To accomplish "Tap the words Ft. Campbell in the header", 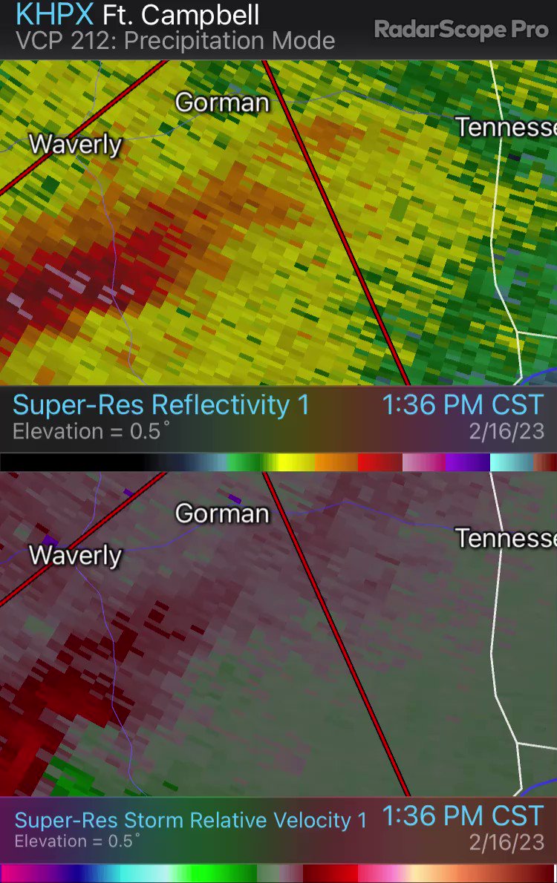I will point(181,14).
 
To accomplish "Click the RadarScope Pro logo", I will point(460,30).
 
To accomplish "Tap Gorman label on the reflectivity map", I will point(221,102).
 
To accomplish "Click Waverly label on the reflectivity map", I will point(75,144).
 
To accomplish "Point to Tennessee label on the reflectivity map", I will point(506,127).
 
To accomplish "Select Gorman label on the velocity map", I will point(221,513).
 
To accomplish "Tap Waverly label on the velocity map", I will point(75,555).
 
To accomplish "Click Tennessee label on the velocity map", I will point(506,538).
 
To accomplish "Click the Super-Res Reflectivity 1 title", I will point(160,405).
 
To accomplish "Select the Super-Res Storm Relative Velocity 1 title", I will point(190,820).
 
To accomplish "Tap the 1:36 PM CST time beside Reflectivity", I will point(462,405).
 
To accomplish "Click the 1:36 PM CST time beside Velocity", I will point(462,816).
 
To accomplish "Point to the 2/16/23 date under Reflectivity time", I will point(506,431).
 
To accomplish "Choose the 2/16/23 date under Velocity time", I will point(506,842).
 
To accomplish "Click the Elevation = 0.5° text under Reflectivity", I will point(91,431).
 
